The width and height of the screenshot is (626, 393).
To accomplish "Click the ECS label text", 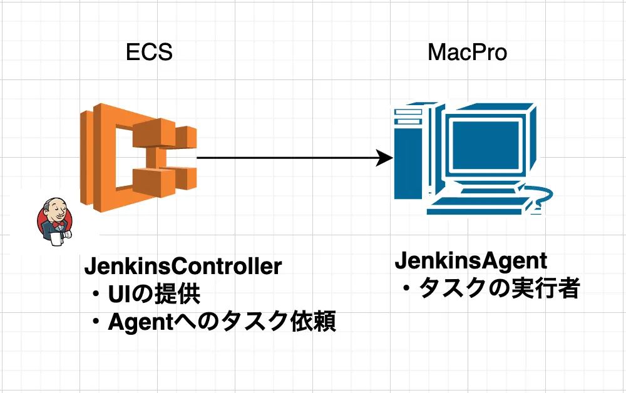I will (x=149, y=52).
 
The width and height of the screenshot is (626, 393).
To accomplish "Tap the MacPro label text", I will (x=467, y=52).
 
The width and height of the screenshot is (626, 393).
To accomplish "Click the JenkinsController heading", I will (x=183, y=267).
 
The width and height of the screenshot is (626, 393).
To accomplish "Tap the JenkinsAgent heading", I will (x=471, y=260).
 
